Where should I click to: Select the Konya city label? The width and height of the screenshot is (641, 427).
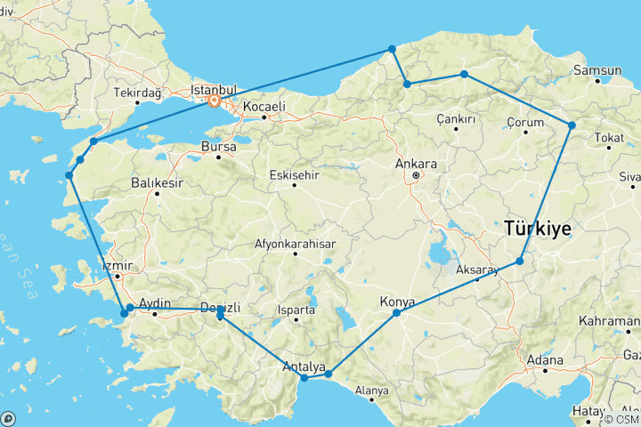click(397, 302)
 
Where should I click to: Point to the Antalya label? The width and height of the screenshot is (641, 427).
click(302, 367)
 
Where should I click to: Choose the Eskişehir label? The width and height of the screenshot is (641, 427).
click(294, 173)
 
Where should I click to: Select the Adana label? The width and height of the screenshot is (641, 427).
click(545, 361)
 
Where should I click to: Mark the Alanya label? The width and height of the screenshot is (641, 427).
click(372, 391)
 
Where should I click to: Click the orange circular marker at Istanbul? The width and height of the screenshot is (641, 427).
click(214, 101)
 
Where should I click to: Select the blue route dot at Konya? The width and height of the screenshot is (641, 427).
click(397, 313)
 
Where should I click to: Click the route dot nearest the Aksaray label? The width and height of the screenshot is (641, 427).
click(520, 262)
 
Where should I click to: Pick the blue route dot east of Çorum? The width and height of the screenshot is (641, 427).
click(572, 125)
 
